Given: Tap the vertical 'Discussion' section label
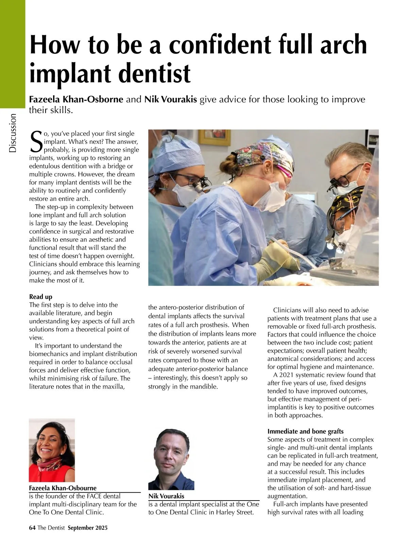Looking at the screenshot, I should (13, 133).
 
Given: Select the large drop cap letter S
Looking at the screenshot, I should (36, 142).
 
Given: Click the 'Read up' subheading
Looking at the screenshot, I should (41, 297).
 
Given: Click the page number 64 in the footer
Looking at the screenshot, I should (32, 528).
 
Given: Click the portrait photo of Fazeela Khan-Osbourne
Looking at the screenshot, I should (52, 450).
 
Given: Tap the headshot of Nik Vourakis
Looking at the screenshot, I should (171, 459).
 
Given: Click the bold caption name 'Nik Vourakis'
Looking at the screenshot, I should (166, 496).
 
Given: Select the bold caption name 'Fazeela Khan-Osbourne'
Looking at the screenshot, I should (63, 488).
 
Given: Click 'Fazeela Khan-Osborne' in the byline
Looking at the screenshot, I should (76, 99).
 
